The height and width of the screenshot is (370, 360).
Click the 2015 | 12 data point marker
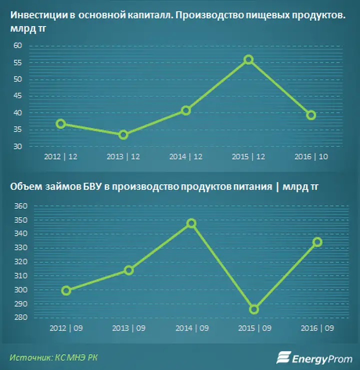(248, 60)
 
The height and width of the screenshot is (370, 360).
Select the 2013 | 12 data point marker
(123, 135)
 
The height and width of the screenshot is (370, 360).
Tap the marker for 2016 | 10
(311, 115)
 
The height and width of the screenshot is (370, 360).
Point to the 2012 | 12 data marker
(61, 124)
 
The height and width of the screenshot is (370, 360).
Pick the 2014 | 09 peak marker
(191, 223)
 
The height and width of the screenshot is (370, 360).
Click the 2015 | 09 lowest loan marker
(254, 309)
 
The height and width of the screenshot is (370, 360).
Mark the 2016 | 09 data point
(317, 242)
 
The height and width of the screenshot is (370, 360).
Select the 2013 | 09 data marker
(129, 270)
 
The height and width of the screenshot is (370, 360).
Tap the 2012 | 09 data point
(66, 290)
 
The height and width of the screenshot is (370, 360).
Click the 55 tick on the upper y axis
(17, 63)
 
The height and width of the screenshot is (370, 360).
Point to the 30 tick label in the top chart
(17, 147)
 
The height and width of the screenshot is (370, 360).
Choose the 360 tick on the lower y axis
(21, 206)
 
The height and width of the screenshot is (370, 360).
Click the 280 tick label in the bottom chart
(21, 317)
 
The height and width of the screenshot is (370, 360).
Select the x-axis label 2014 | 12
(186, 157)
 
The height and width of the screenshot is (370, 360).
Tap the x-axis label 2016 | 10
(311, 157)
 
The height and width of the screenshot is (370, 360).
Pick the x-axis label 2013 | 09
(129, 328)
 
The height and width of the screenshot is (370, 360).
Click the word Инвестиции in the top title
(39, 16)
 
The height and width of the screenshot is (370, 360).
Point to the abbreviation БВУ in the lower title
(92, 187)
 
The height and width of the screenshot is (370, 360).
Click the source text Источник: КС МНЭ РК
(53, 357)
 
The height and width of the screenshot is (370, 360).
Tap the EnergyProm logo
(314, 358)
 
